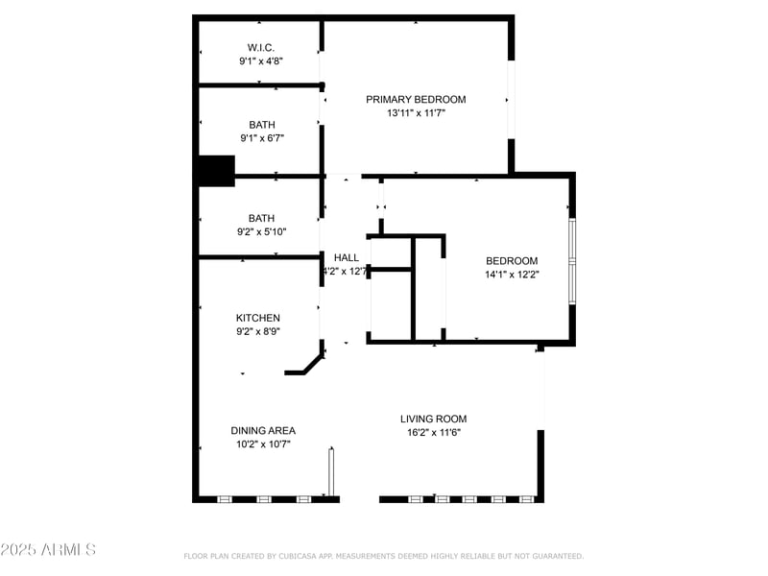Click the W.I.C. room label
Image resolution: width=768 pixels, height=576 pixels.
[261, 47]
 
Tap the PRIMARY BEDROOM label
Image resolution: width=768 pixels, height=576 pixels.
[416, 99]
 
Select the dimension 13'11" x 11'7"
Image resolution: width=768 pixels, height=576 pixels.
[416, 112]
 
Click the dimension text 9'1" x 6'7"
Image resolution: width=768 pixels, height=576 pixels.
[261, 137]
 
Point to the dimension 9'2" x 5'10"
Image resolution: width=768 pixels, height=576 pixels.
[261, 231]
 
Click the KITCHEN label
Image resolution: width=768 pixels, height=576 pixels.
[258, 318]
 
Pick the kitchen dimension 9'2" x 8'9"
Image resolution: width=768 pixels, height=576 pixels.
[258, 331]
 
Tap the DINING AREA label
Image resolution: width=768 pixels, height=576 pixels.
[263, 430]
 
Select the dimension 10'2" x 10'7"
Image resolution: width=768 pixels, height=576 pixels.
[263, 444]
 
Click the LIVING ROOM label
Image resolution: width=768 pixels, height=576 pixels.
[434, 419]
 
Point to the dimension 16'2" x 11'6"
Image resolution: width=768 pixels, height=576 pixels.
[434, 432]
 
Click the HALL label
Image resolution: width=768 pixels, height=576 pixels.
[347, 257]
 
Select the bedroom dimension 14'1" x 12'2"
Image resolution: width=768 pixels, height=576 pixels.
[512, 274]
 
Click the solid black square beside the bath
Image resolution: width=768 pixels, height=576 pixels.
[215, 171]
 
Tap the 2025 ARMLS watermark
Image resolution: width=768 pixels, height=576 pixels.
[48, 550]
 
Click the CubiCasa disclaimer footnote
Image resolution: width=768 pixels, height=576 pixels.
[383, 556]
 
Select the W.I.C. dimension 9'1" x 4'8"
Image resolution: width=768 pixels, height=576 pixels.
[261, 60]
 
